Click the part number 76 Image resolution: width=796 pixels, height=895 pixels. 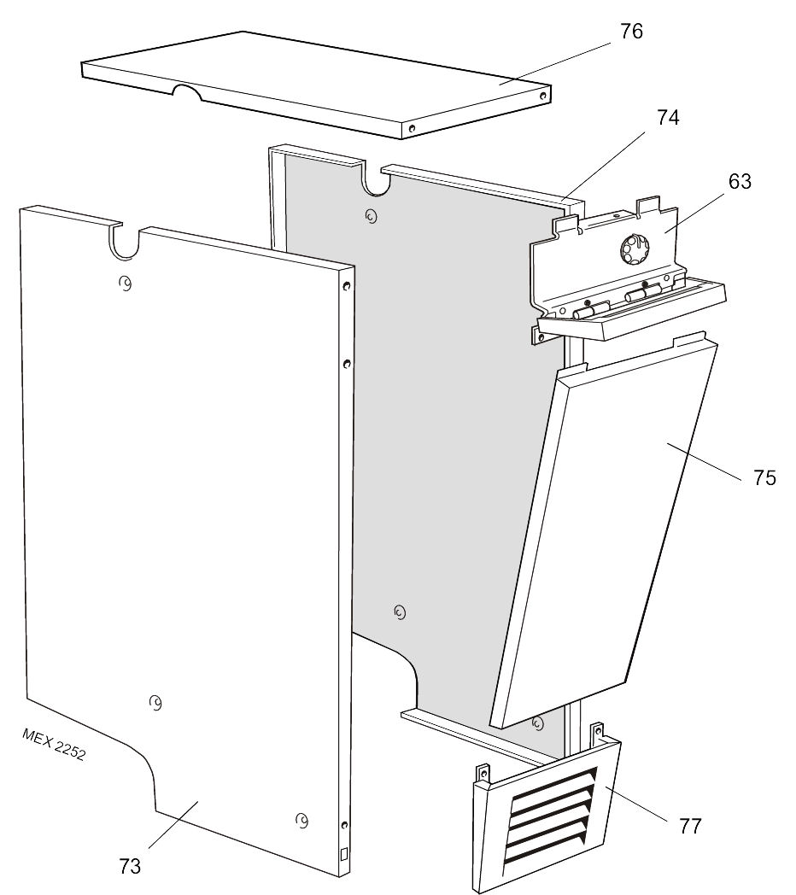631,32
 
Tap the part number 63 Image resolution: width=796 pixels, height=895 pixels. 740,182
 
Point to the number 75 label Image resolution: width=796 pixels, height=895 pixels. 764,478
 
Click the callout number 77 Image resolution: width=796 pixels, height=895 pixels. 690,827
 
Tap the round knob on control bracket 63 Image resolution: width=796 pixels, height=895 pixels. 635,250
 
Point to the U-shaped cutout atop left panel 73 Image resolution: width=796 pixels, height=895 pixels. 125,243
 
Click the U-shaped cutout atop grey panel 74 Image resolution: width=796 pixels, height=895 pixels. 373,180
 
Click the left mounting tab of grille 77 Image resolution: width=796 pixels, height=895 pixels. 483,772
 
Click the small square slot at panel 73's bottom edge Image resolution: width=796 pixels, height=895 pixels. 343,853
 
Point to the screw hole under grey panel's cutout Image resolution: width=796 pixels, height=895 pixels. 370,217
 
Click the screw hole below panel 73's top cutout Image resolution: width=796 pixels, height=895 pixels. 125,284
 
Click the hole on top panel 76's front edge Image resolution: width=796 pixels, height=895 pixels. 413,128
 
